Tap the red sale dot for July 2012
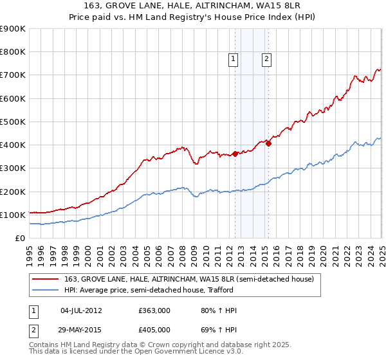pos(235,154)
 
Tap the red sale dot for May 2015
pos(269,143)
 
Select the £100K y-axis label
pos(13,215)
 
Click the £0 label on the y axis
pos(21,239)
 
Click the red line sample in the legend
pos(46,279)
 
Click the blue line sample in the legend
pos(46,291)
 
